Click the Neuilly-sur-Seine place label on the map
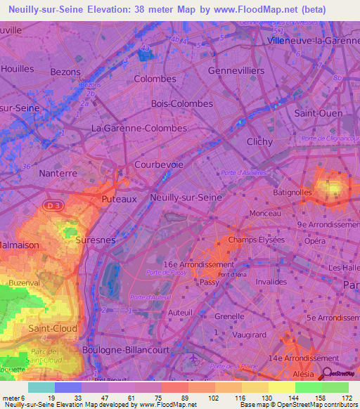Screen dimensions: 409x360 click(186, 198)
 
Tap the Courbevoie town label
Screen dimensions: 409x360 click(159, 164)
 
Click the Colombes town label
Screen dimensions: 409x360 click(155, 79)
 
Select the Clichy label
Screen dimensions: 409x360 click(259, 141)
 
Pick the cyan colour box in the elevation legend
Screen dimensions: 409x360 click(41, 387)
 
